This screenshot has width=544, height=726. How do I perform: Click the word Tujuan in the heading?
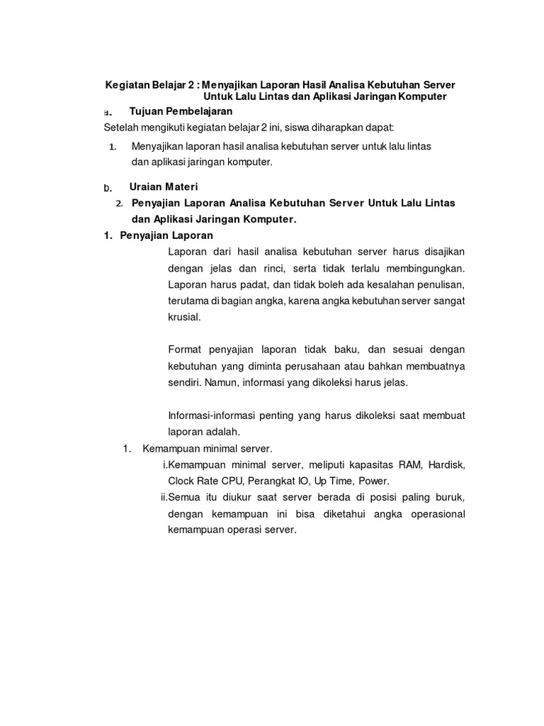pyautogui.click(x=147, y=111)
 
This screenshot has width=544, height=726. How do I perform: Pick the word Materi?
pyautogui.click(x=183, y=187)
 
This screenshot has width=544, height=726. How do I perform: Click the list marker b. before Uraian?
pyautogui.click(x=108, y=189)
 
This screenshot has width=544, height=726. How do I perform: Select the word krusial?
pyautogui.click(x=185, y=318)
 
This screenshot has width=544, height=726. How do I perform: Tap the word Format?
pyautogui.click(x=186, y=350)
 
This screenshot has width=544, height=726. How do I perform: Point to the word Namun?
pyautogui.click(x=222, y=382)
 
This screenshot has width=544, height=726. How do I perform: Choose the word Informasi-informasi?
pyautogui.click(x=214, y=415)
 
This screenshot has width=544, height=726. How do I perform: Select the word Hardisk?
pyautogui.click(x=443, y=464)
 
